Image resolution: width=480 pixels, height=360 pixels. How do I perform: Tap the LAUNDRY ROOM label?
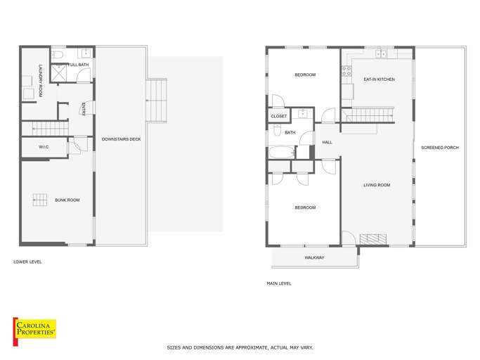coord(41,78)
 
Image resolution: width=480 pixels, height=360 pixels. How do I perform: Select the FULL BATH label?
coord(77,65)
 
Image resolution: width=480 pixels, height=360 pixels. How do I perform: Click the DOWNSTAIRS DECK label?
coord(121,139)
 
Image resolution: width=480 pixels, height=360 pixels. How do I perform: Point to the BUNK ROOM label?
coord(67,200)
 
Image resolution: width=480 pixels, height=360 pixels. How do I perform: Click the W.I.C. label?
coord(34,147)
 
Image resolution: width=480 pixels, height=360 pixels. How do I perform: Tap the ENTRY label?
coord(84,108)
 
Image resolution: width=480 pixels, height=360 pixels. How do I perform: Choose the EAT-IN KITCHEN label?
coord(379,79)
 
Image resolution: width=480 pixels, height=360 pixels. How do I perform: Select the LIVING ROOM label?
coord(376,185)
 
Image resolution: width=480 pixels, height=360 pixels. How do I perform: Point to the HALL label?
coord(327,143)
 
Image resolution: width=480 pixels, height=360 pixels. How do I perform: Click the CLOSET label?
coord(279,117)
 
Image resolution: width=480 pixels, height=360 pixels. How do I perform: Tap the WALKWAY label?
coord(314,258)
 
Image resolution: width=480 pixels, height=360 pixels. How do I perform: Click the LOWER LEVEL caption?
coord(27,262)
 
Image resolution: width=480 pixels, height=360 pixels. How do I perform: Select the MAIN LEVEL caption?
coord(279,283)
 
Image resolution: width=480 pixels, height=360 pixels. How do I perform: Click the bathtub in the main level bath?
coord(282,152)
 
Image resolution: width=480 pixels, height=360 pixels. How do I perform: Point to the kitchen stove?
coord(346,70)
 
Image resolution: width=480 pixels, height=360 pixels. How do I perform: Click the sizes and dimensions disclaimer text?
coord(240,347)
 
